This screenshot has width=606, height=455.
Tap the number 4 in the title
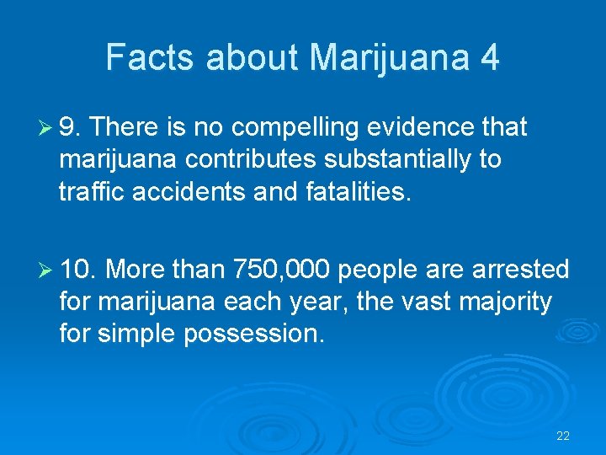(x=489, y=57)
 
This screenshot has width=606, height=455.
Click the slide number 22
(x=563, y=436)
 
